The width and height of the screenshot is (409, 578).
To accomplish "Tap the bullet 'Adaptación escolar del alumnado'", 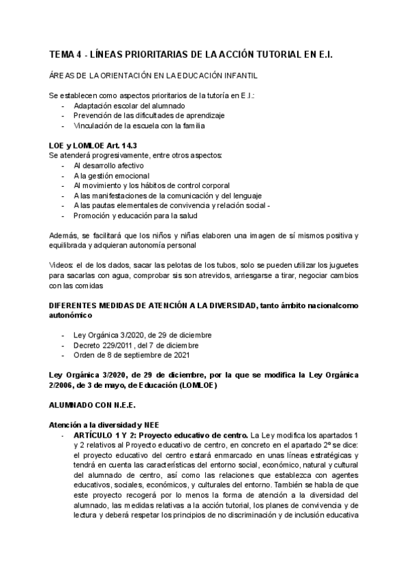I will (x=129, y=106).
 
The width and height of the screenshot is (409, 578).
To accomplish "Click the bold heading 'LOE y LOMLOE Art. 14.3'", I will (x=93, y=146).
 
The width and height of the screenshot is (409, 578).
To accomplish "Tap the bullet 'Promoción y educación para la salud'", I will (x=135, y=215).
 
